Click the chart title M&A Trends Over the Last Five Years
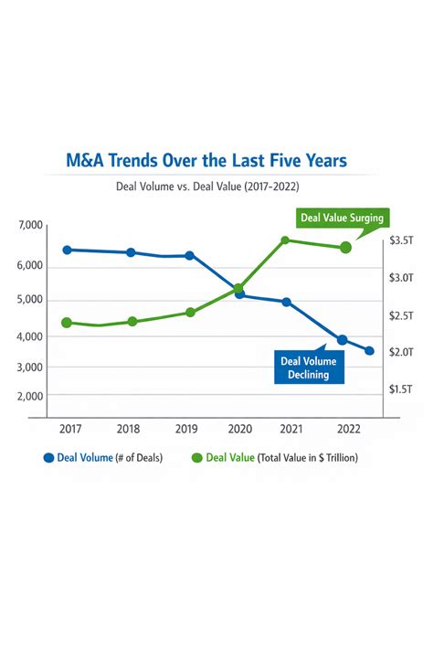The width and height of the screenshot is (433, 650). [206, 160]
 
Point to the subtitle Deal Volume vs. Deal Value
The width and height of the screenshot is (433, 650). [178, 186]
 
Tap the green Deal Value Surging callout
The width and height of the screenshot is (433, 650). [343, 218]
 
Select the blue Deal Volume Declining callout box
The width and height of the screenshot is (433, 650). [309, 368]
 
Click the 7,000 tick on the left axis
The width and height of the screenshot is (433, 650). [30, 225]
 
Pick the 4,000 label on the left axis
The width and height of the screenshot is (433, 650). [30, 336]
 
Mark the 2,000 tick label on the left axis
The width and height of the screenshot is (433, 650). [30, 396]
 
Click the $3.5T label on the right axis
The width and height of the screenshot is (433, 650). [401, 240]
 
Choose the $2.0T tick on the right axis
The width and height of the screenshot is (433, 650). [401, 352]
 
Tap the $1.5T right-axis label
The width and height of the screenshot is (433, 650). [401, 389]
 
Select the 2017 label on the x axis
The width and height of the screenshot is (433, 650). [70, 429]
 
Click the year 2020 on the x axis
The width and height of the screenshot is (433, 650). [240, 429]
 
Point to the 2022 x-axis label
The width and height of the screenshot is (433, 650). [349, 429]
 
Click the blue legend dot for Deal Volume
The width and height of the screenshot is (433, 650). [49, 458]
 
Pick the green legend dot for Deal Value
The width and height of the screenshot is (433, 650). [197, 458]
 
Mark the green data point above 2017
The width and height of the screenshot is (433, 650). [67, 323]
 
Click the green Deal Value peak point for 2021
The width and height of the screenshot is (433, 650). [285, 240]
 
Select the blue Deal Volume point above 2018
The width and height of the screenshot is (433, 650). [131, 252]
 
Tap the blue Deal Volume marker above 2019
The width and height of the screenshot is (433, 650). [189, 255]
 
